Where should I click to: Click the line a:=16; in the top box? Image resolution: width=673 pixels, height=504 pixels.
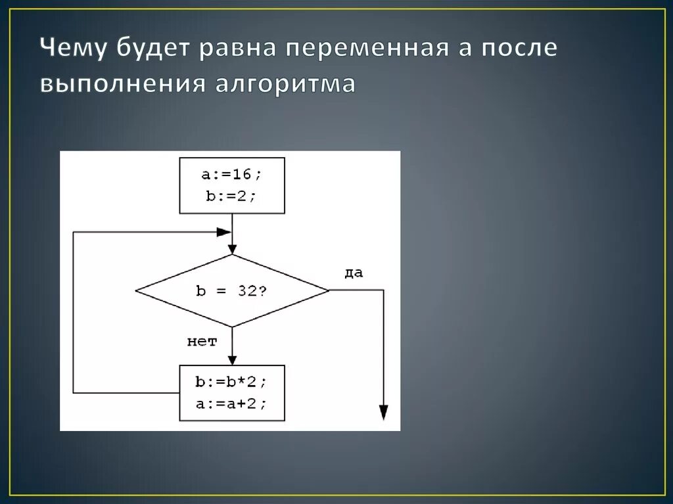pos(232,175)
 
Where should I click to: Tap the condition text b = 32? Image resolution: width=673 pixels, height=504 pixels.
pos(231,290)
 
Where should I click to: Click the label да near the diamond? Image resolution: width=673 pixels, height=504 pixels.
pos(354,273)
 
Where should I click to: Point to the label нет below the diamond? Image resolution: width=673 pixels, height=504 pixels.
pos(202,341)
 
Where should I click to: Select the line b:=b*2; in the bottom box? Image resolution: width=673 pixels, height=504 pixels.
pos(232,382)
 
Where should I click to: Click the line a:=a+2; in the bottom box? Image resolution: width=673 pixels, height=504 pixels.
pos(232,403)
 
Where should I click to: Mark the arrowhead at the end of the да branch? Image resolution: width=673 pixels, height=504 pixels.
pos(383,412)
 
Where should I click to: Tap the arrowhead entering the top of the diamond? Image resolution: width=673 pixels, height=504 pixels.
pos(232,249)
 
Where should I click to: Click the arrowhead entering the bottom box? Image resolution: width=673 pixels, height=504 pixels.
pos(232,359)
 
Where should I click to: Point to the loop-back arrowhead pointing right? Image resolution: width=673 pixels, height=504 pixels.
pos(223,232)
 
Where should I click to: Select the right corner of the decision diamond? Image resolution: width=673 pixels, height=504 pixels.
pos(328,290)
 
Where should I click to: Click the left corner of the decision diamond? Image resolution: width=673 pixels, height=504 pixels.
pos(136,290)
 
